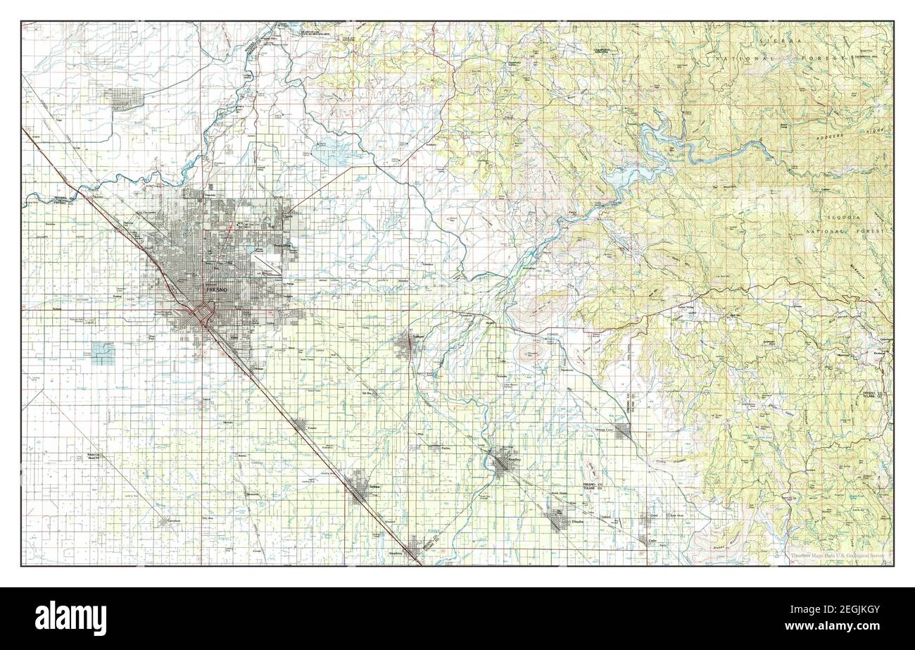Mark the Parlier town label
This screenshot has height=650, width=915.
coord(445,447)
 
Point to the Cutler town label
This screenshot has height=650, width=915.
coord(652,541)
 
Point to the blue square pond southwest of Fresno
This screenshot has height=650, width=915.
coord(103,353)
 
